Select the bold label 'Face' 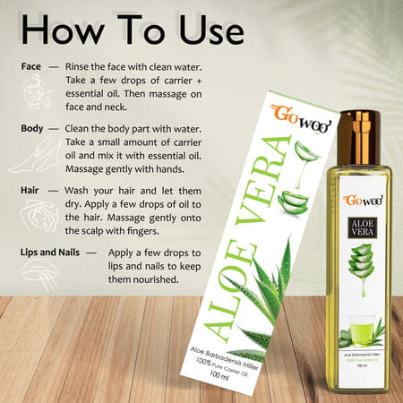(32, 66)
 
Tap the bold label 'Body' (33, 128)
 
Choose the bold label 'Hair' (31, 191)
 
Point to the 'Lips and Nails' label (56, 253)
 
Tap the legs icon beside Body (31, 156)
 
